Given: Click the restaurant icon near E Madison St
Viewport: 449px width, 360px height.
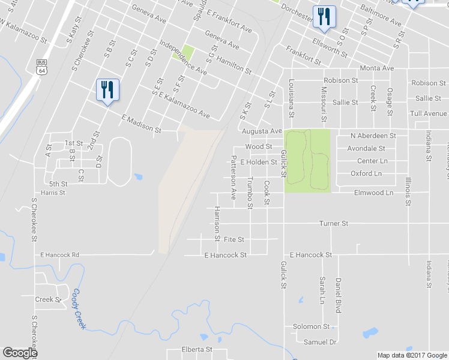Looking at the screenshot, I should pyautogui.click(x=107, y=90).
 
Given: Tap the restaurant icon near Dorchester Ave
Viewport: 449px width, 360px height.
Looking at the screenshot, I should pyautogui.click(x=324, y=17).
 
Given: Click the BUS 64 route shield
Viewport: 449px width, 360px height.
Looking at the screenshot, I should pyautogui.click(x=41, y=66).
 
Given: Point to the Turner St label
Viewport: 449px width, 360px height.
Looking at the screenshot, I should pyautogui.click(x=334, y=223).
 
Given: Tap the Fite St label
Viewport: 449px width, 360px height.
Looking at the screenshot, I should pyautogui.click(x=234, y=239).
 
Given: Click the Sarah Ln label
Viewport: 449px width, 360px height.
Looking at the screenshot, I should pyautogui.click(x=322, y=289).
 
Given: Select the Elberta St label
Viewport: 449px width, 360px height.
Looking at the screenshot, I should pyautogui.click(x=197, y=349).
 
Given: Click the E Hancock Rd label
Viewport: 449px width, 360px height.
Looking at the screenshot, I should pyautogui.click(x=59, y=255).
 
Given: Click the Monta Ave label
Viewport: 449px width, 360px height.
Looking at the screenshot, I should pyautogui.click(x=376, y=68).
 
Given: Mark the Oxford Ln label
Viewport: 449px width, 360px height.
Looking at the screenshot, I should pyautogui.click(x=366, y=173).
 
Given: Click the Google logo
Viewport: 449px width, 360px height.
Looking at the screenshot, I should pyautogui.click(x=20, y=353).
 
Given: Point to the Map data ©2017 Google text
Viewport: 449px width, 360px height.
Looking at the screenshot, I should pyautogui.click(x=411, y=355).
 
